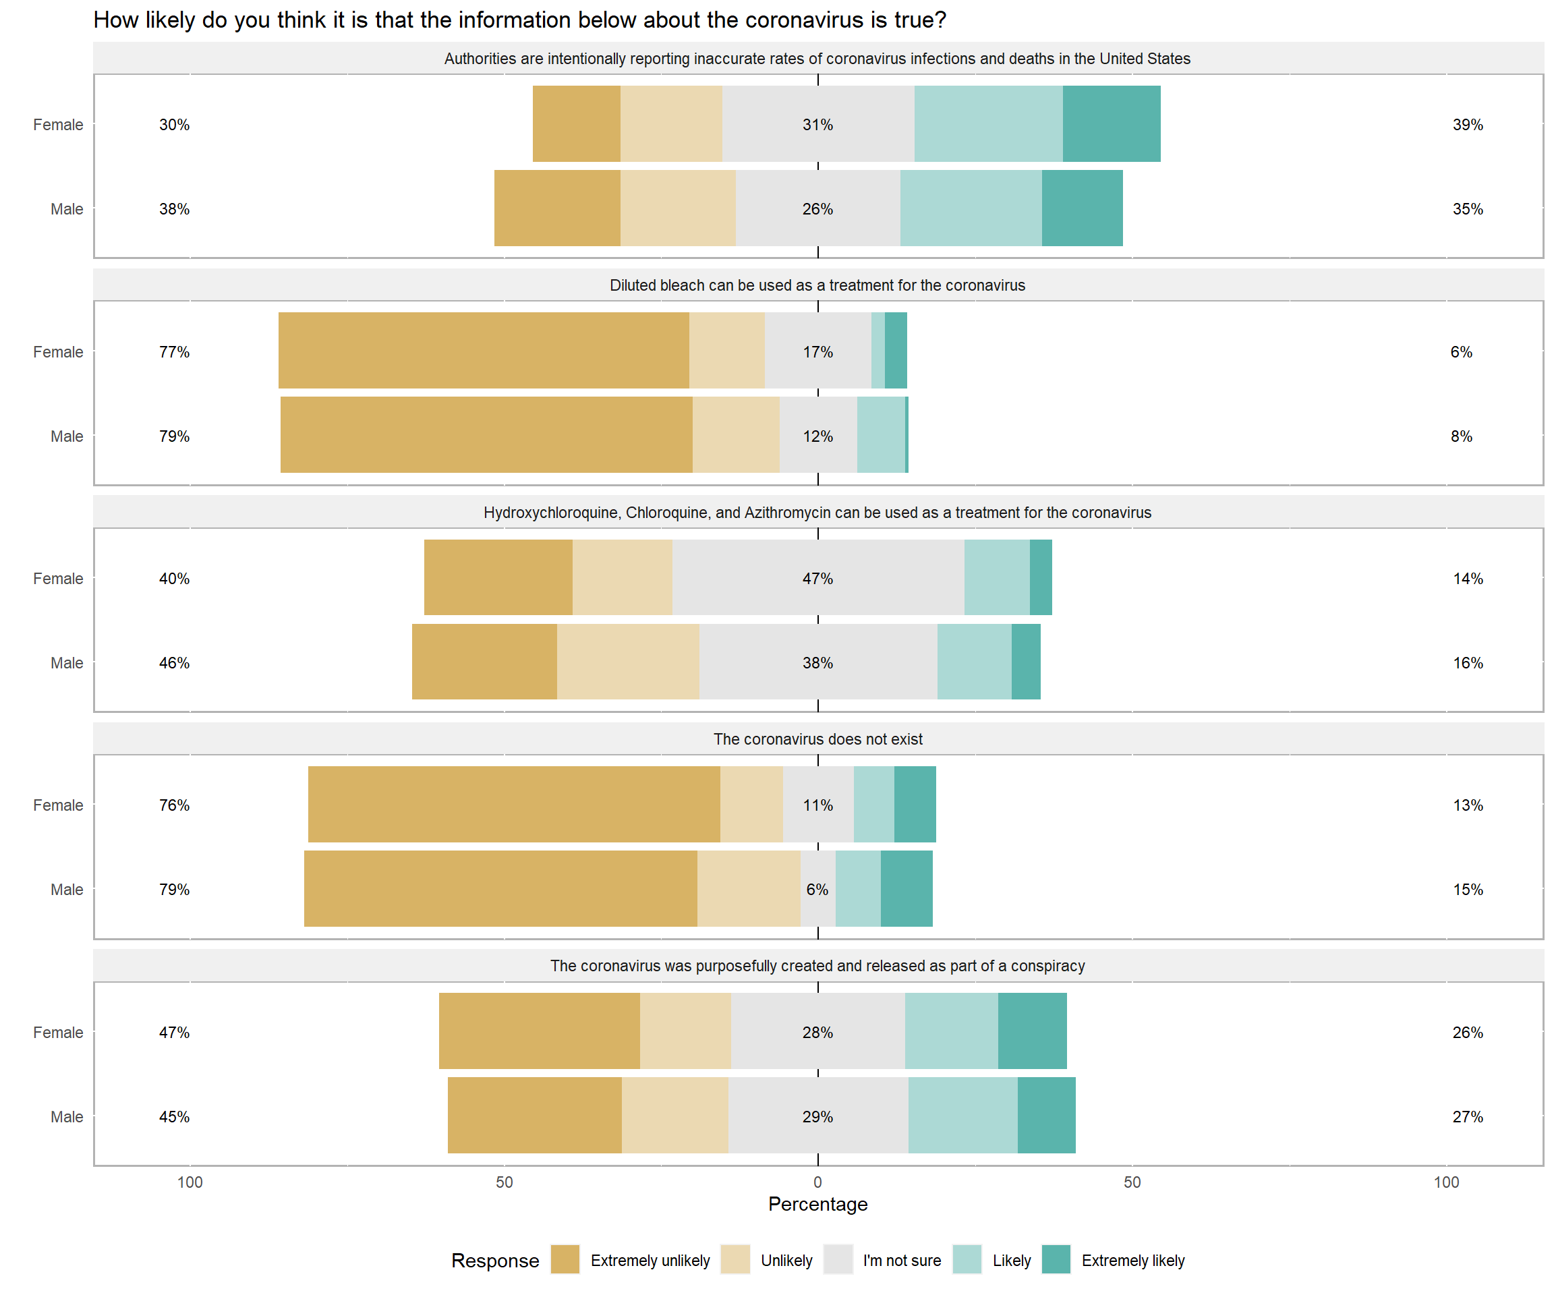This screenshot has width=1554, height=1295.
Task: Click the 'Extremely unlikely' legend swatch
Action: click(x=565, y=1259)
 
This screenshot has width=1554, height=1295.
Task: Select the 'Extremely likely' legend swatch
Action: click(x=1056, y=1259)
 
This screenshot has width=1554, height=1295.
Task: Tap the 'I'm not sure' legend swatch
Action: click(x=838, y=1259)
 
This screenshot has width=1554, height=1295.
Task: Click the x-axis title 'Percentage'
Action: click(x=817, y=1204)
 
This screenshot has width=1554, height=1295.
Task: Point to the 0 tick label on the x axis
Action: click(x=817, y=1182)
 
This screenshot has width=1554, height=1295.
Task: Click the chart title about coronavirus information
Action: click(x=519, y=20)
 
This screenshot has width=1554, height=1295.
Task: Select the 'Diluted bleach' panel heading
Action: click(x=817, y=285)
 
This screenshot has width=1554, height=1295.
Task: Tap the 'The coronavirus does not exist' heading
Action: click(x=817, y=739)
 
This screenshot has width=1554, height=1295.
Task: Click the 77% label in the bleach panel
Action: click(x=174, y=352)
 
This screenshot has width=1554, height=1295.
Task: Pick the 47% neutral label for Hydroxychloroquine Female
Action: click(x=817, y=579)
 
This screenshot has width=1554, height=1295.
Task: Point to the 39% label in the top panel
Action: click(x=1468, y=124)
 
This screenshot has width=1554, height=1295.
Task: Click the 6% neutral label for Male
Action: click(x=817, y=890)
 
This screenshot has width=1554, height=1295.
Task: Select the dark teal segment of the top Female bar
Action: click(x=1112, y=124)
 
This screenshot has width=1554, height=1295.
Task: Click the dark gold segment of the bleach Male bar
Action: click(x=486, y=435)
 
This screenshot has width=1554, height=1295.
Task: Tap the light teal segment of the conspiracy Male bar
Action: click(x=962, y=1115)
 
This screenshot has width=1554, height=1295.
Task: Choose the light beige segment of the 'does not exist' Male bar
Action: click(x=748, y=889)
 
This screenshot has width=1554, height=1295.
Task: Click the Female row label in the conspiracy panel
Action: click(x=58, y=1033)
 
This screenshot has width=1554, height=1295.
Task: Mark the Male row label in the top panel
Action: click(x=67, y=209)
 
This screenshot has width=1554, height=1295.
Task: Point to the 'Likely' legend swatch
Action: click(x=967, y=1259)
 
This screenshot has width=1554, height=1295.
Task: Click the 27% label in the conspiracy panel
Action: click(x=1468, y=1117)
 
